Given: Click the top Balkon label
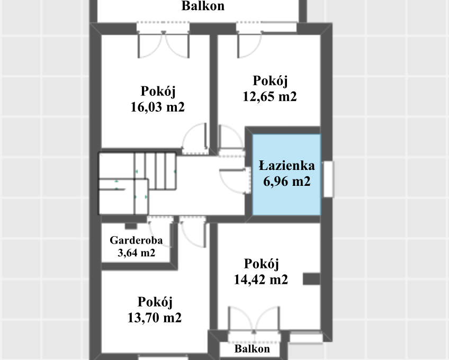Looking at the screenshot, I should point(203,6).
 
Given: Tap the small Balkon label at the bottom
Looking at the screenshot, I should point(253,349).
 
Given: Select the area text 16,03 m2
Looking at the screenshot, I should point(157,107).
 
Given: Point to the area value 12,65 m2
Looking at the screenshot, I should point(270,97).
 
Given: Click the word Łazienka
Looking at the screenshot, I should point(286,166).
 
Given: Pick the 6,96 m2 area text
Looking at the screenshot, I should point(286,182).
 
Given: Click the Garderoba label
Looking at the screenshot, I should point(136,240).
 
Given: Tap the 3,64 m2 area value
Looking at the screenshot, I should point(136,253).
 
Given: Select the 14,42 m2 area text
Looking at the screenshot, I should point(261,280).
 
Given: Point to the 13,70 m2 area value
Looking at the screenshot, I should point(155,318).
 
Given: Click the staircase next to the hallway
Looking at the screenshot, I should point(138,183).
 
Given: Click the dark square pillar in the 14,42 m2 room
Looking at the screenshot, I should point(311,279).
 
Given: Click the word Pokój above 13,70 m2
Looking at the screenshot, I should point(155,302).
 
